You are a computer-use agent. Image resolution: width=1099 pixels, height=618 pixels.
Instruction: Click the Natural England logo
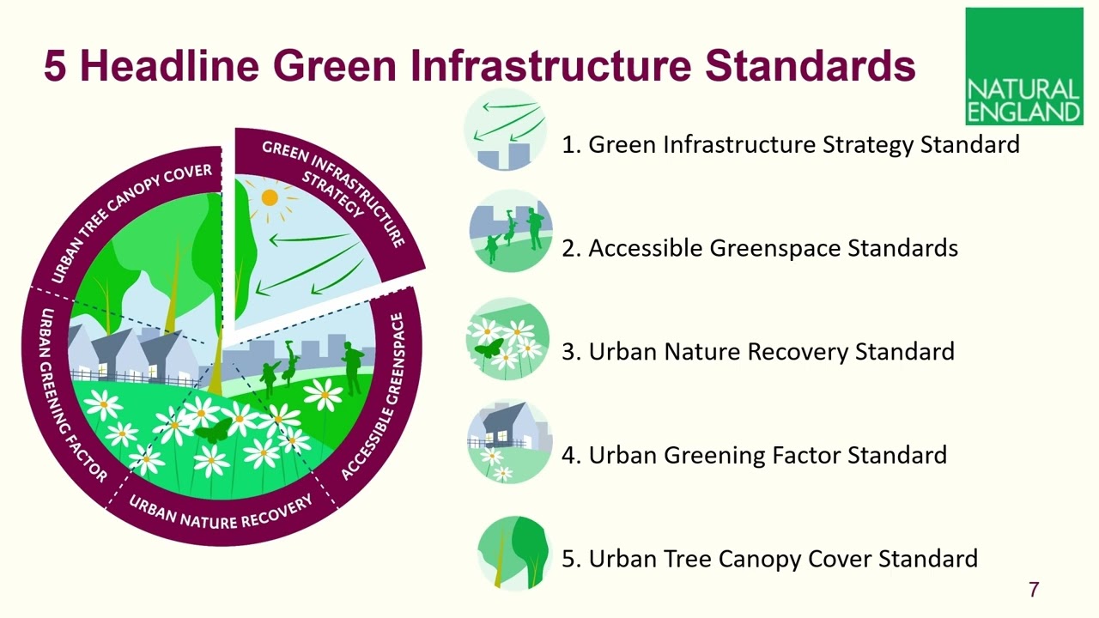point(1023,67)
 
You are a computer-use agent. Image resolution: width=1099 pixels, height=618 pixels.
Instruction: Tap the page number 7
point(1034,590)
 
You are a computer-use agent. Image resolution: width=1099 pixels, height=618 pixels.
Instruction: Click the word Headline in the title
point(168,66)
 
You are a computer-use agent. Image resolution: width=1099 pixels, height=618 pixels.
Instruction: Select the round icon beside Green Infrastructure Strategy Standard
point(506,130)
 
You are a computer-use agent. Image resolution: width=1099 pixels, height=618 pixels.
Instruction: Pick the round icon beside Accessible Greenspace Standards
point(510,231)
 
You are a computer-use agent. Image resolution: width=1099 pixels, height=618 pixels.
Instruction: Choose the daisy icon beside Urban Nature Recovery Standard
point(507,339)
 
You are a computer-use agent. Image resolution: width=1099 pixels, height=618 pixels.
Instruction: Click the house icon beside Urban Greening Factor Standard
point(510,441)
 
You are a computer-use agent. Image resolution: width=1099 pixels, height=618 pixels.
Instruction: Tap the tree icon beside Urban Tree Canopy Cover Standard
point(513,552)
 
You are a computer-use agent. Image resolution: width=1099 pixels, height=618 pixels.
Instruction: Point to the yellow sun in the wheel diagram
point(270,197)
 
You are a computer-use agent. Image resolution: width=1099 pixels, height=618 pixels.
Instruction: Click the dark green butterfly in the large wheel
point(212,430)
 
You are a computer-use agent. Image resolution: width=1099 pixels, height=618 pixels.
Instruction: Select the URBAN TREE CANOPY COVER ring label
point(130,221)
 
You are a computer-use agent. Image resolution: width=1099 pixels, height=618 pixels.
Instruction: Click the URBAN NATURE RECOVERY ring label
point(221,513)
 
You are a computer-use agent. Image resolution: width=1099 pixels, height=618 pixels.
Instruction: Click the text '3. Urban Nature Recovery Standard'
point(757,351)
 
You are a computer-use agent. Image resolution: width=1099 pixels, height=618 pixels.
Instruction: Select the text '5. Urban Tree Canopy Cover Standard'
point(769,559)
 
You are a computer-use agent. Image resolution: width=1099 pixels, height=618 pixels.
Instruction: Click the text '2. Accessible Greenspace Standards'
point(759,248)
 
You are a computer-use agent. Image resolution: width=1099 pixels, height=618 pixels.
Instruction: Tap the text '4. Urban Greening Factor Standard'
point(754,455)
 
